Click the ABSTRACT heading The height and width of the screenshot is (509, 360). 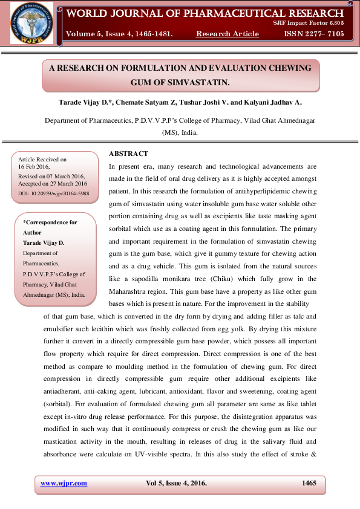(x=128, y=154)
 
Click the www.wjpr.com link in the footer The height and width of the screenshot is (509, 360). (x=64, y=483)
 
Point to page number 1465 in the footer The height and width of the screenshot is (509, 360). (x=309, y=483)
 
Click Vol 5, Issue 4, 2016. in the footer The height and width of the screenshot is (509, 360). (x=176, y=483)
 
